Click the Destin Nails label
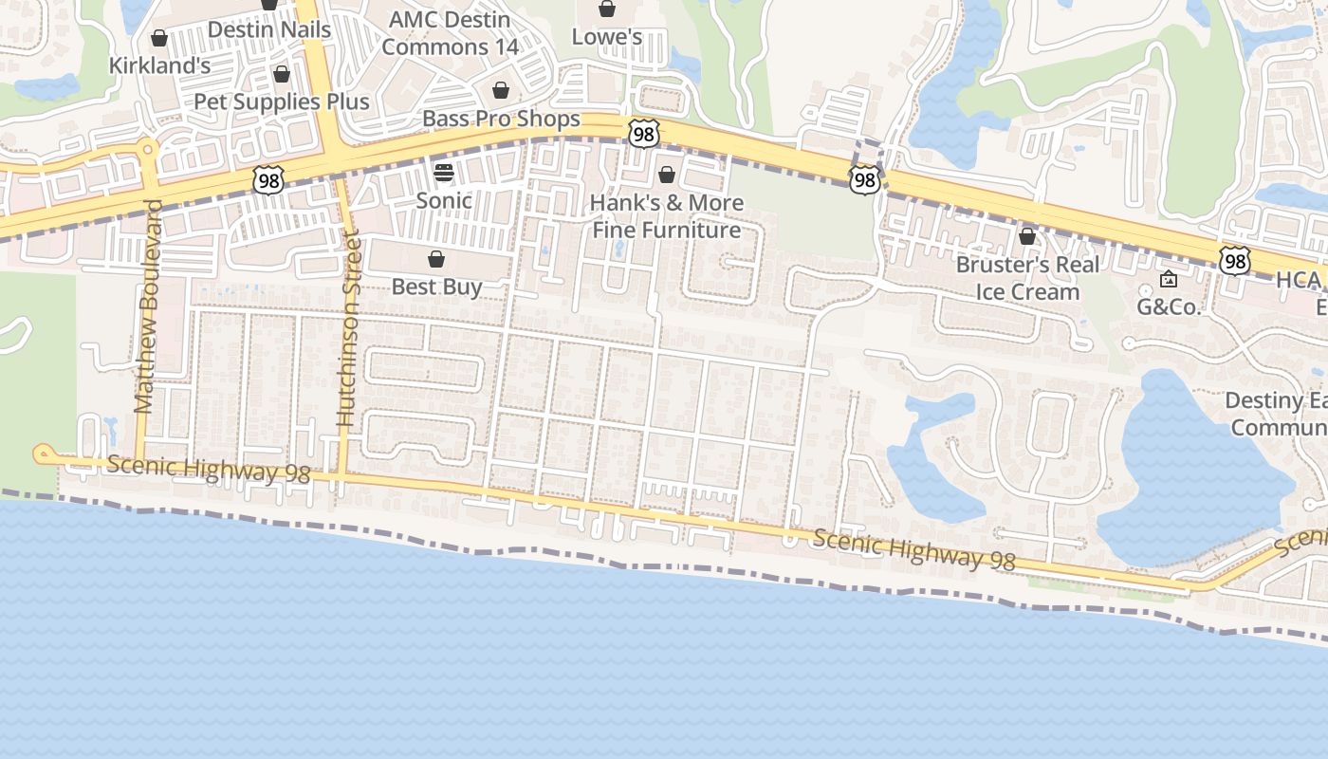269,29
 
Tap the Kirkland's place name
159,65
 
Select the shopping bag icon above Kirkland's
159,39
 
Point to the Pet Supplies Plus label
282,101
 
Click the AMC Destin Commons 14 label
451,32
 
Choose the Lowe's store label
607,37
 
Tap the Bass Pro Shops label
501,119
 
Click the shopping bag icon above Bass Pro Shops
501,91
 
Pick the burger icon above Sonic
444,173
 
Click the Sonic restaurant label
444,200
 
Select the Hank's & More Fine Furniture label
667,216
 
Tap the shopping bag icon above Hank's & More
667,176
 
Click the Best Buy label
437,287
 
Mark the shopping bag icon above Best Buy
436,259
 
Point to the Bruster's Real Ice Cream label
1027,278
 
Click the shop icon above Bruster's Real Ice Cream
1027,236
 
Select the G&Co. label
1169,306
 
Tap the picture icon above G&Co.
1169,279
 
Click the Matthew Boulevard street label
145,306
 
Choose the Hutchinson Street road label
347,330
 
